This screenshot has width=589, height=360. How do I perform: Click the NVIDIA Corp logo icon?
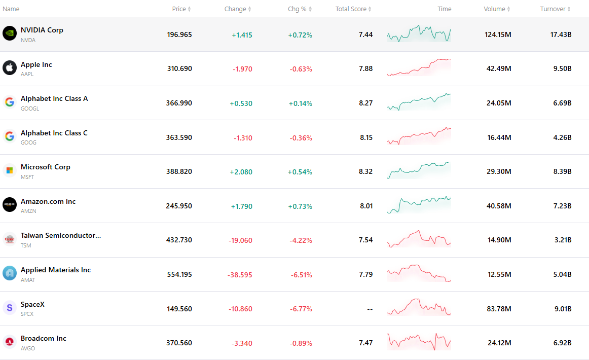coord(10,33)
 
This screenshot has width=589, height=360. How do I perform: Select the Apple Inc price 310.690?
coord(179,69)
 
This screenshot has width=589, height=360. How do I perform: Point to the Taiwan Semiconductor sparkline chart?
coord(419,239)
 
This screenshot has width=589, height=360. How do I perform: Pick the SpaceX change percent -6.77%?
coord(301,309)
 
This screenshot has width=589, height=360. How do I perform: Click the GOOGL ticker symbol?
coord(30,109)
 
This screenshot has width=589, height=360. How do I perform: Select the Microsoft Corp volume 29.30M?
coord(499,172)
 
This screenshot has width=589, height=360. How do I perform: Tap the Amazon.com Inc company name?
coord(48,201)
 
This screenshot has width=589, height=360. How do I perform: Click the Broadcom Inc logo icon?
coord(10,342)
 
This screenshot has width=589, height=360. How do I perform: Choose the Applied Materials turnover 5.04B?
coord(562,275)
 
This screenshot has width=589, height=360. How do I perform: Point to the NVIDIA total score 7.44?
coord(365,34)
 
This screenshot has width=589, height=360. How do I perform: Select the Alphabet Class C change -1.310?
coord(243,138)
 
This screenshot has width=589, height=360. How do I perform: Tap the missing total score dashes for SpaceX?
coord(370,309)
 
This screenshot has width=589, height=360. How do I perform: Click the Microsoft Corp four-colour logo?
coord(10,170)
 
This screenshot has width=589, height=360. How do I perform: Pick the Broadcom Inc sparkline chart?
coord(419,342)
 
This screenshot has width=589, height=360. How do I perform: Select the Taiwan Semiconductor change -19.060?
coord(240,240)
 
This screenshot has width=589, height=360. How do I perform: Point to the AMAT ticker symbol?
coord(28,280)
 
